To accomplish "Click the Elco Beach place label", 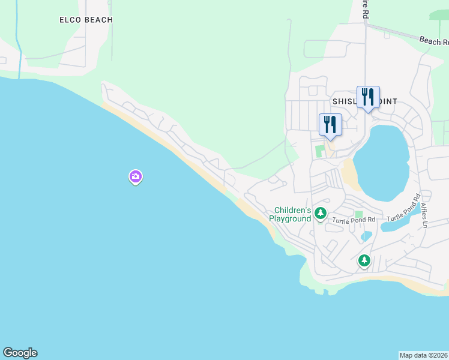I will coord(86,20).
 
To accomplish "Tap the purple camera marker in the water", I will coord(136,176).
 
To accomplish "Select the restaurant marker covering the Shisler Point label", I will coord(368,97).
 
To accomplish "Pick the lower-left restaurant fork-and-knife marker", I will coord(330,125).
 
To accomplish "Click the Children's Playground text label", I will coord(292,214).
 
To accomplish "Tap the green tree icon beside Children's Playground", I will coord(321,213).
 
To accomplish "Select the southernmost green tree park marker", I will coord(364,260).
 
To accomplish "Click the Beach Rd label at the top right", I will coord(433,41).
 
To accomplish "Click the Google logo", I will coord(20,353).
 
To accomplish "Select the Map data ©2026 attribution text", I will coord(423,355).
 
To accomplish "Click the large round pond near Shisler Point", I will coord(381,162).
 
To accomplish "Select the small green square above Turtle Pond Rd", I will coord(359,214).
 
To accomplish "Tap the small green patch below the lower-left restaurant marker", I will coord(320,151).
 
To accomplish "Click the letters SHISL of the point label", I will coord(345,101).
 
